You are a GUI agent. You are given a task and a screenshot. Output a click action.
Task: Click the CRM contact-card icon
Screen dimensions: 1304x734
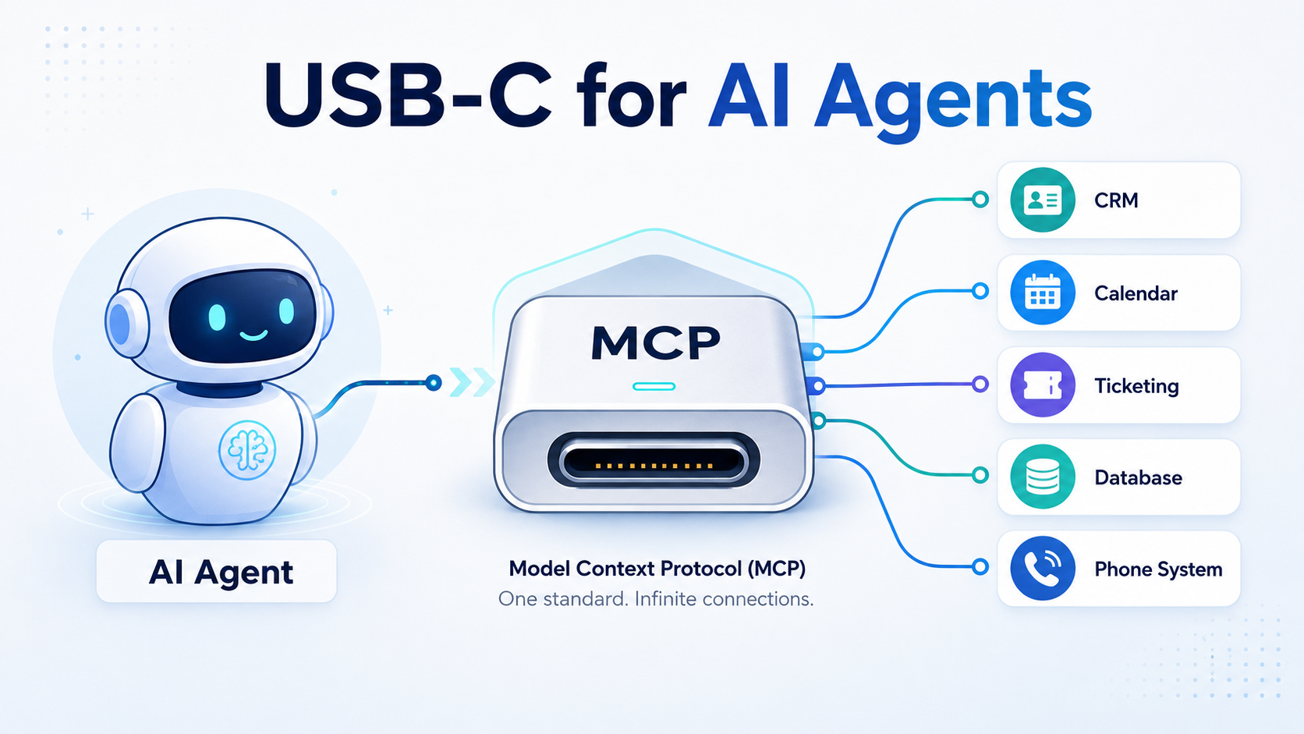coord(1042,200)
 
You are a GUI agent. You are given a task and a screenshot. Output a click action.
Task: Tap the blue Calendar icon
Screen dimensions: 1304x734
coord(1042,293)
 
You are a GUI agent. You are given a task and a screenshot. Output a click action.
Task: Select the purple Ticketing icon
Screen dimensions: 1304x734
coord(1042,385)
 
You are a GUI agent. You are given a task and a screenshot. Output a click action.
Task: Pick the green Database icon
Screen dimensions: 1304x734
coord(1042,477)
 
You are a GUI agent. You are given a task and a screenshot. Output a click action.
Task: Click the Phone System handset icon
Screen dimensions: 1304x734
coord(1042,568)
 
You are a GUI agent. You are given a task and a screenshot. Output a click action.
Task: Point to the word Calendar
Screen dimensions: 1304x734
coord(1136,293)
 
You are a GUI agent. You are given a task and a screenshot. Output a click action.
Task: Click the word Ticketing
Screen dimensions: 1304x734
coord(1136,386)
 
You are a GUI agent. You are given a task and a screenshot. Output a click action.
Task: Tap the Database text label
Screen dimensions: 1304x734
coord(1138,477)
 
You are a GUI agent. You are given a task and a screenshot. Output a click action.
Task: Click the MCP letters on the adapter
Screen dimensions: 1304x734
coord(655,343)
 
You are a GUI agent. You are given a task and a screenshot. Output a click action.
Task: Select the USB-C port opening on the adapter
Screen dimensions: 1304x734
coord(653,460)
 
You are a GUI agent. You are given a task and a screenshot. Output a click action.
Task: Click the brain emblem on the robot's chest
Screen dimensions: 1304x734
coord(247,450)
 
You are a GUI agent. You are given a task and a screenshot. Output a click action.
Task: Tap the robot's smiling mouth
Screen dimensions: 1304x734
coord(253,335)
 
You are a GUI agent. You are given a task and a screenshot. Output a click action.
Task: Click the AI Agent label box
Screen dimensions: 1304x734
coord(217,571)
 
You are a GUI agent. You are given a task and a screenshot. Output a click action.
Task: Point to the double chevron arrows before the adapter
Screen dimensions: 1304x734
coord(472,382)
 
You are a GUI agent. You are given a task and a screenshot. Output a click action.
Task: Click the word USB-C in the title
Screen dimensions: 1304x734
coord(407,96)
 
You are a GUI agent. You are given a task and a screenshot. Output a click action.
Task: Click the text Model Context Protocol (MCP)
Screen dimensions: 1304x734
coord(657,569)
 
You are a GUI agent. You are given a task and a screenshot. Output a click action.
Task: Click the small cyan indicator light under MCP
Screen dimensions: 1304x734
coord(654,386)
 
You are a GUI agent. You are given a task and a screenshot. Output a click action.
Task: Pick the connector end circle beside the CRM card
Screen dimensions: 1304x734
coord(980,200)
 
